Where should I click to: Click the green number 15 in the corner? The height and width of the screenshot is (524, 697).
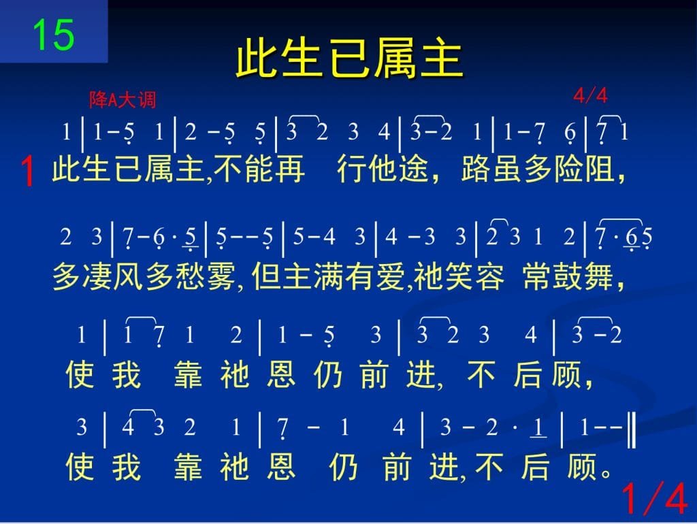pos(53,35)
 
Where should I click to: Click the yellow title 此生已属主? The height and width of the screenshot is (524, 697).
pos(349,59)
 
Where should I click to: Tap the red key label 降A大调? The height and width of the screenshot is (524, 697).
pos(123,99)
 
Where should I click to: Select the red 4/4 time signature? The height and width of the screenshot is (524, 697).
pos(590,95)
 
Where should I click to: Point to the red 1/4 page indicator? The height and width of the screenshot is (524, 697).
pos(655,498)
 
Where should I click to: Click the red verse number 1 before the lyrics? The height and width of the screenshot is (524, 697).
pos(27,171)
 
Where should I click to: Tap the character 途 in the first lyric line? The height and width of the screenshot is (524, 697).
pos(415,169)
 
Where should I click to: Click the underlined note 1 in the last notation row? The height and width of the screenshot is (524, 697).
pos(538,427)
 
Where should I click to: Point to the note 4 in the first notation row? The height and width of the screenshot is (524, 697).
pos(384,132)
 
